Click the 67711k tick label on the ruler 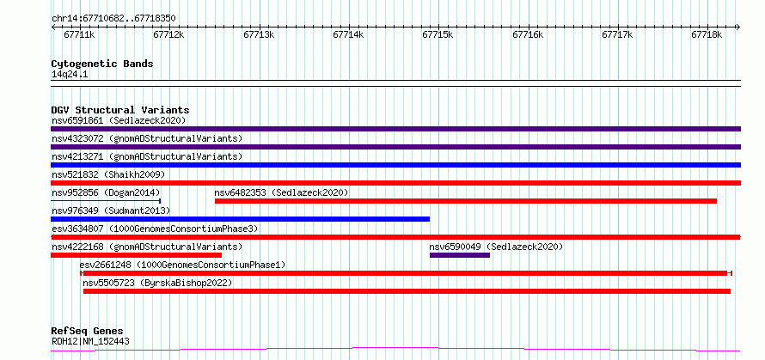(79, 34)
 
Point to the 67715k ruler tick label (438, 34)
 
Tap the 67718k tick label (707, 34)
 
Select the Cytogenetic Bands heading (102, 64)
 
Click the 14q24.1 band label (70, 74)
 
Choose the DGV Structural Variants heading (120, 110)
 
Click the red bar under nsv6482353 (465, 201)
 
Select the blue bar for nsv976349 (240, 219)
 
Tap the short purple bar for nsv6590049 (460, 255)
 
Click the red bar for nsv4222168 (137, 255)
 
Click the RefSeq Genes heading (87, 331)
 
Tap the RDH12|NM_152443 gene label (90, 341)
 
